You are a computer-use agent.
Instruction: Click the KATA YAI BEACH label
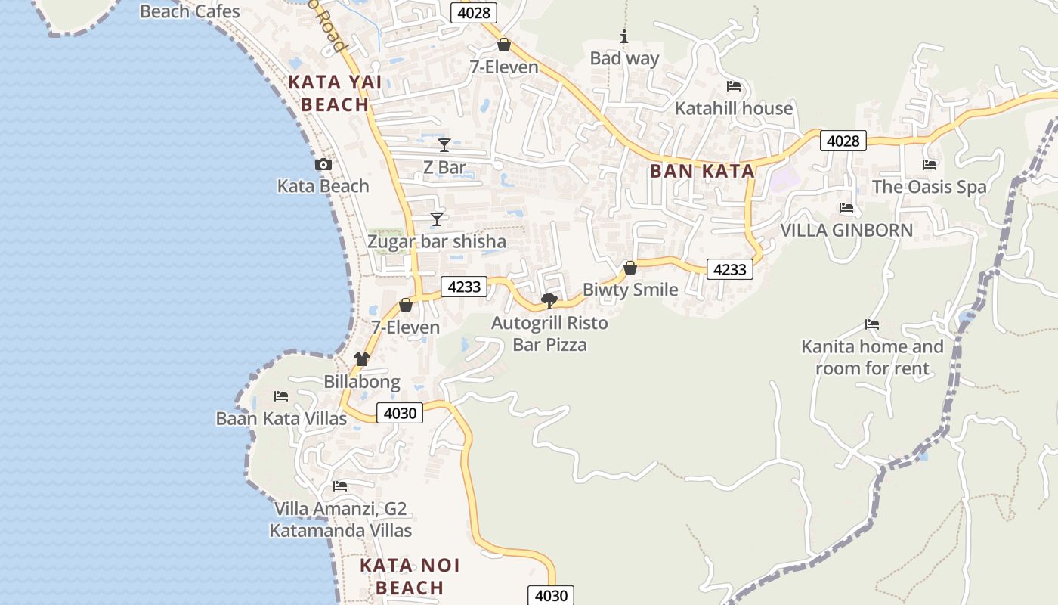335,93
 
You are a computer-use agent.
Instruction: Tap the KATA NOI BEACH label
410,576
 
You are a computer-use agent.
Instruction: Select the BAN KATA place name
702,171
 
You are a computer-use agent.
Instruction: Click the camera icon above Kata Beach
323,164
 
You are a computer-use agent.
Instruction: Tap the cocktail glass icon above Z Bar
444,144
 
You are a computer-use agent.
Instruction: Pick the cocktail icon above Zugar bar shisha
436,219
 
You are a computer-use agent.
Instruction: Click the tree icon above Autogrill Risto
549,301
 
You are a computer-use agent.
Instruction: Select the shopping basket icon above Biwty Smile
630,268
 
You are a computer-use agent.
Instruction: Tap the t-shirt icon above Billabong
362,359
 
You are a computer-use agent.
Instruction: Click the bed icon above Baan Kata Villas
281,396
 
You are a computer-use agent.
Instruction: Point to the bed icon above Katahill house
733,86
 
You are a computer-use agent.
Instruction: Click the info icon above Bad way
624,36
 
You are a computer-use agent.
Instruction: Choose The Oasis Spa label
929,187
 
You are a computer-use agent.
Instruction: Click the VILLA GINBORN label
846,230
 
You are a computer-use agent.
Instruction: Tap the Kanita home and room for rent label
872,358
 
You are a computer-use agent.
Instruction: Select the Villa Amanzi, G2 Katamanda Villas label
341,520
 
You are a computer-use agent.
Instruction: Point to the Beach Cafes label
190,11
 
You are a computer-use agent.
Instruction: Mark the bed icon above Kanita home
872,324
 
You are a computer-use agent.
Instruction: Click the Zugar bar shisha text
436,242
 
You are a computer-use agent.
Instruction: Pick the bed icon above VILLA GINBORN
846,208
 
